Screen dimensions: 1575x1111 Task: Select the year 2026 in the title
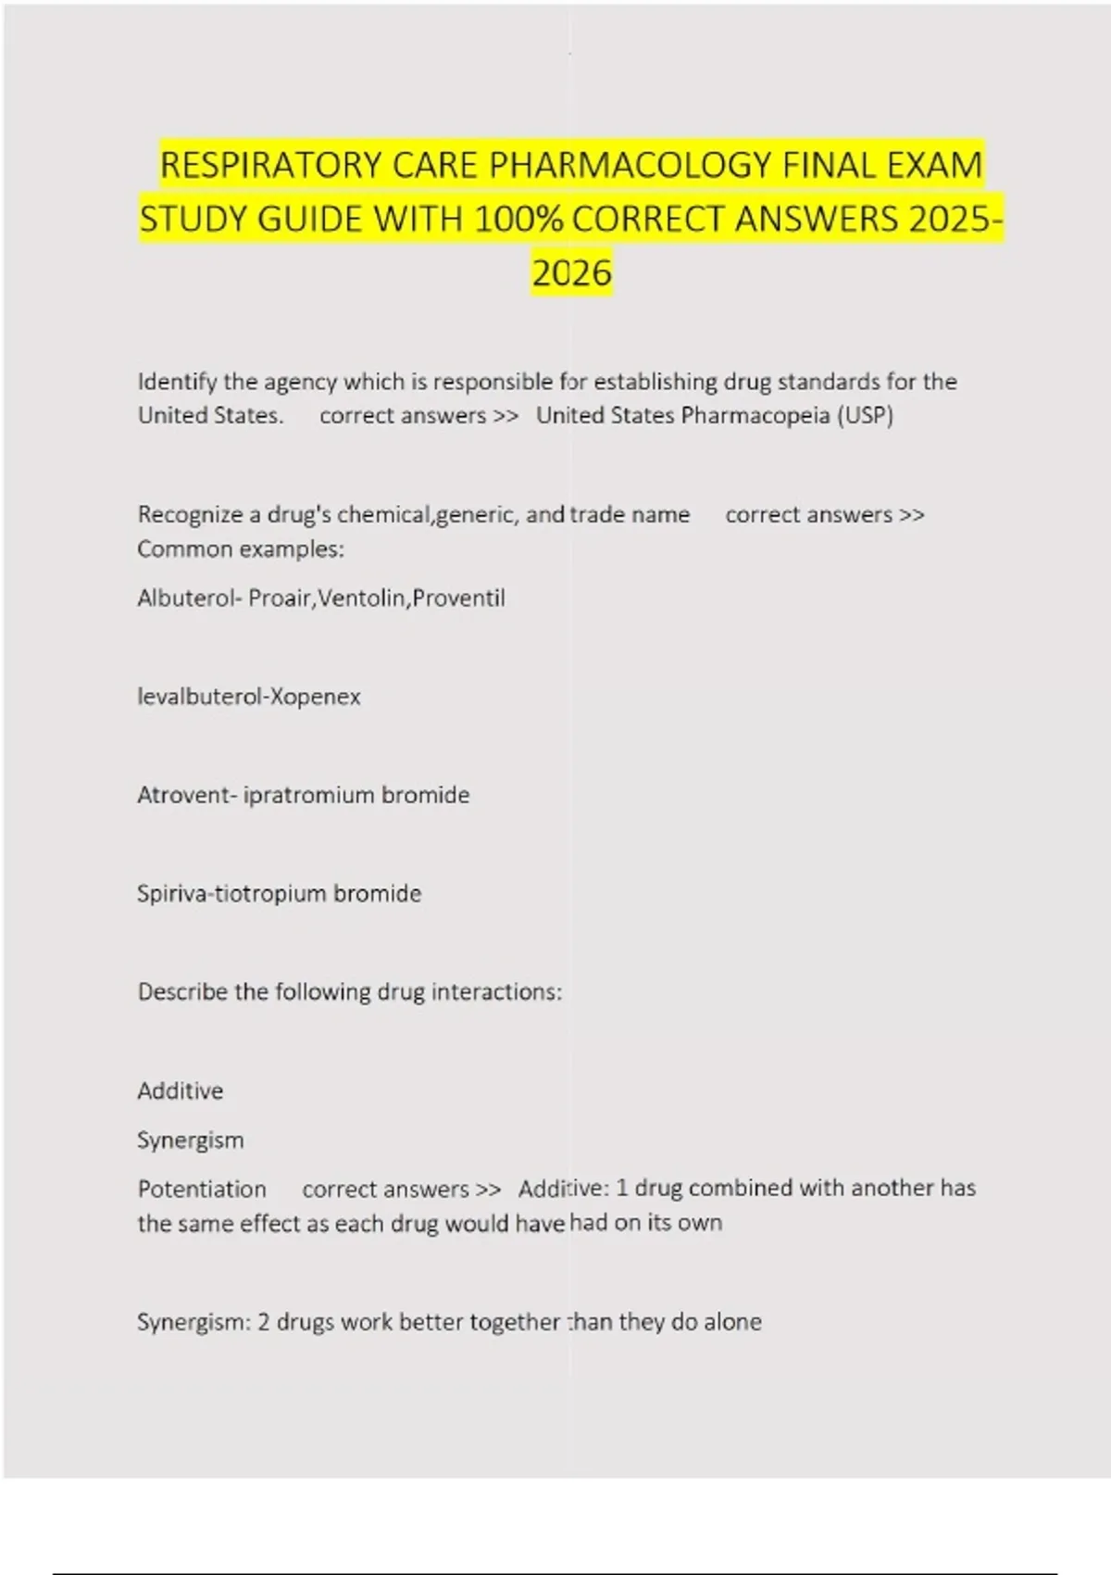point(571,273)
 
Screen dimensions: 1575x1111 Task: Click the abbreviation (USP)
point(865,415)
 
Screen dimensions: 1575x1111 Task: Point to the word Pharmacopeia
point(755,415)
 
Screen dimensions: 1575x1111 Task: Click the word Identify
point(177,382)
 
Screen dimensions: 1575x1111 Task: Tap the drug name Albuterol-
point(189,598)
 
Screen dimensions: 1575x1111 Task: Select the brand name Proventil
point(459,598)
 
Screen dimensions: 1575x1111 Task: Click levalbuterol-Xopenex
point(248,697)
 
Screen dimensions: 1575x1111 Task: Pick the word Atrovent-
point(186,795)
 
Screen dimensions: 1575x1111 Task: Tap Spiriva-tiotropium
point(231,894)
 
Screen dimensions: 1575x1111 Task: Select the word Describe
point(182,992)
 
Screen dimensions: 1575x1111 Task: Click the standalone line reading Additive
point(180,1091)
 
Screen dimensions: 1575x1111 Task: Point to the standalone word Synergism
point(190,1140)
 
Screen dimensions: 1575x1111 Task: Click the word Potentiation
point(201,1190)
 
